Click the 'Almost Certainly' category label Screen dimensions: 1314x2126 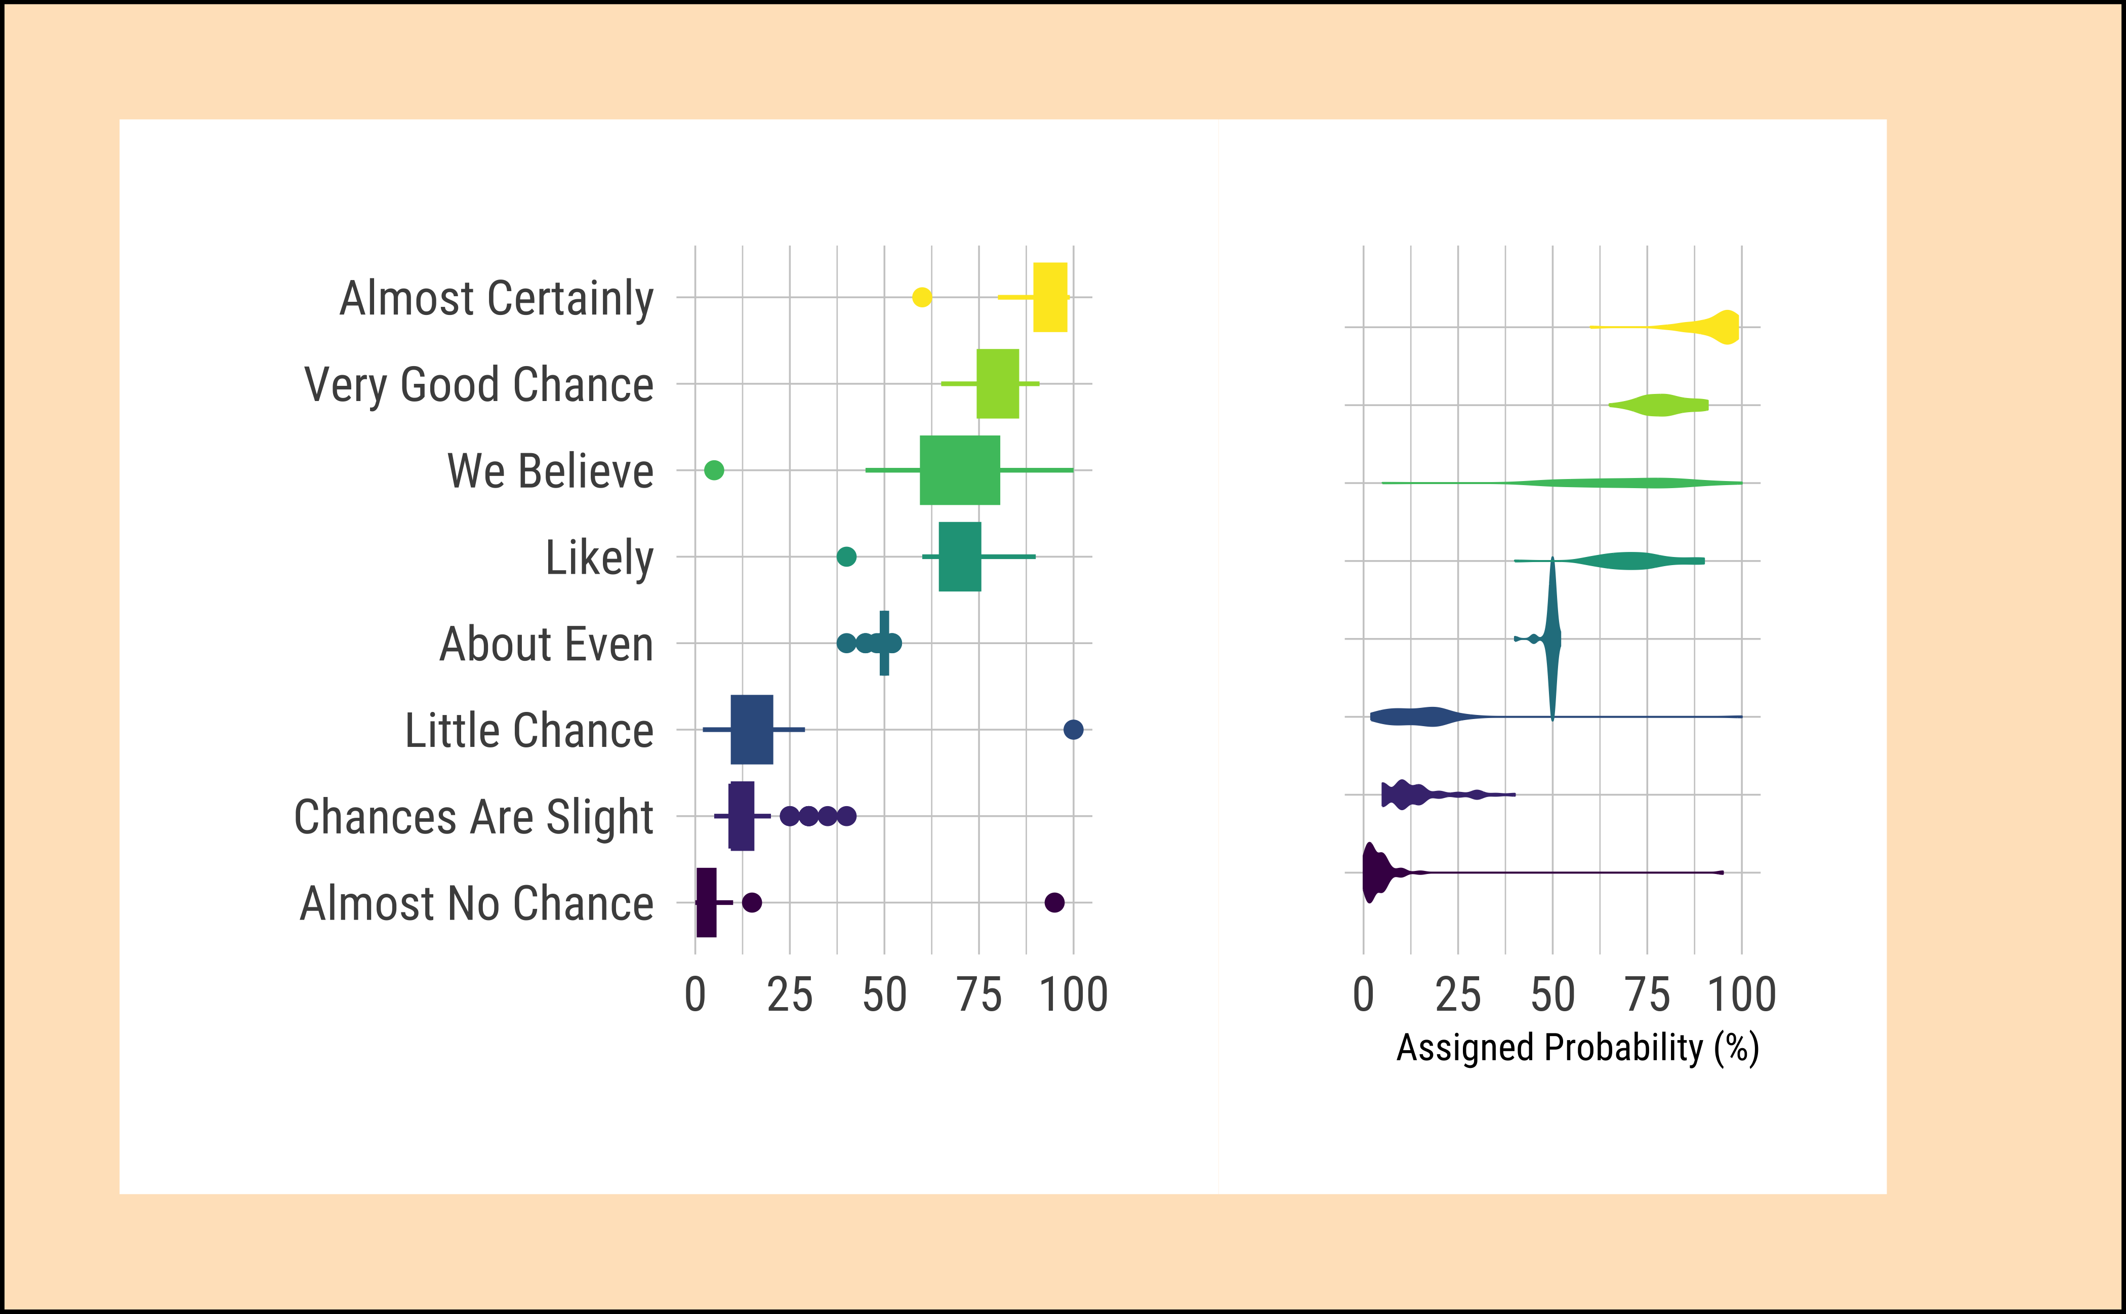click(x=496, y=299)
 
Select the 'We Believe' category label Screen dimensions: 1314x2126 click(x=550, y=471)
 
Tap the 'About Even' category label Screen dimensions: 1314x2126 click(x=546, y=644)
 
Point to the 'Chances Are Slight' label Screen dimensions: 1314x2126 click(x=473, y=817)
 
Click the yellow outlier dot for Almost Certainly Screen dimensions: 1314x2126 click(x=922, y=297)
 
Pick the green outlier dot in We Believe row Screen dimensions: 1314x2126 click(x=714, y=470)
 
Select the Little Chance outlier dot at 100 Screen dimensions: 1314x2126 click(x=1073, y=729)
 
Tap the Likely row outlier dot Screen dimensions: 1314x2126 click(x=846, y=556)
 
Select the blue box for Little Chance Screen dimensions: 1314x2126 click(x=752, y=729)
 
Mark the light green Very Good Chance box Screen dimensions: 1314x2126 click(x=997, y=383)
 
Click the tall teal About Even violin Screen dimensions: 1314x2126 click(x=1552, y=639)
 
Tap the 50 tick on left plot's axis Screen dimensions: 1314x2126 click(x=884, y=995)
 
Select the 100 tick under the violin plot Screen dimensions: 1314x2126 click(x=1742, y=995)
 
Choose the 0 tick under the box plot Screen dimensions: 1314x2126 click(x=695, y=995)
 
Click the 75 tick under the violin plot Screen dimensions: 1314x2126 click(x=1647, y=995)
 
